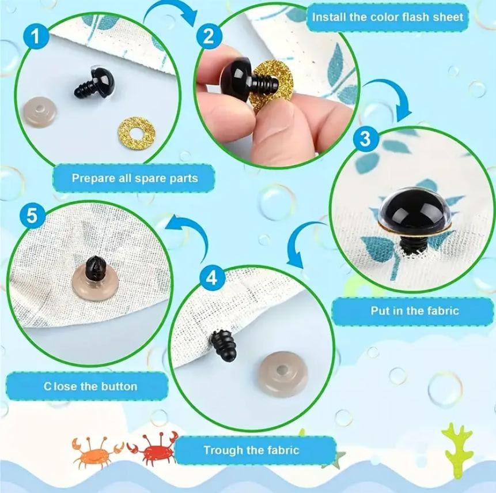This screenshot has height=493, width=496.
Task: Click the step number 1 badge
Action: (x=36, y=36)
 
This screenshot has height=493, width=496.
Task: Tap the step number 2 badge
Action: (x=208, y=36)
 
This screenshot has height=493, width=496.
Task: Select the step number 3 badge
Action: (x=365, y=138)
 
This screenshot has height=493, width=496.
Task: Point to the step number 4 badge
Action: (x=212, y=279)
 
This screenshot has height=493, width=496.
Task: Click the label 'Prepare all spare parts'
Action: (x=135, y=178)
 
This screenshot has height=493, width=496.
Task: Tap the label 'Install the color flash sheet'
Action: (x=388, y=17)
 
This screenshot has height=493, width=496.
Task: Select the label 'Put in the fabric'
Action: (x=415, y=311)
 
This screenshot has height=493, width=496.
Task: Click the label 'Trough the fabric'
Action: (x=251, y=450)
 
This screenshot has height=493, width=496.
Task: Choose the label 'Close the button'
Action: (x=90, y=386)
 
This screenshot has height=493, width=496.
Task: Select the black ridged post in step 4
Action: (x=223, y=345)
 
